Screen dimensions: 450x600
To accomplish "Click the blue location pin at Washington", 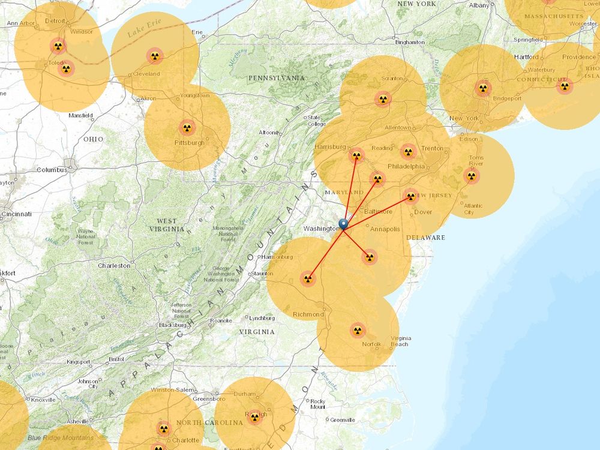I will [x=343, y=224].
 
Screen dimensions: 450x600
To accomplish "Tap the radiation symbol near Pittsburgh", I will [x=187, y=127].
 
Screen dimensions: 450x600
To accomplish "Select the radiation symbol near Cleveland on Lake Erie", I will [x=155, y=56].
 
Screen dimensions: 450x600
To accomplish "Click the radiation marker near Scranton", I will [x=383, y=98].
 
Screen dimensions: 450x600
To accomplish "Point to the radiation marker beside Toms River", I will [x=471, y=176].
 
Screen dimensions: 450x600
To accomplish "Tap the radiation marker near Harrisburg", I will [x=356, y=156].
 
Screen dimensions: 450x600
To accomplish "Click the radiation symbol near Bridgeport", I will [x=483, y=88].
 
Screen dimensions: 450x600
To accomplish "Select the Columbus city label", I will [x=52, y=170].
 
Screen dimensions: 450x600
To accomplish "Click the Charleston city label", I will [x=114, y=265].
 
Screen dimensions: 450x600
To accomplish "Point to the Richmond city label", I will [x=308, y=314].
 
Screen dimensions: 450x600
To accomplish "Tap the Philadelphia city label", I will [x=406, y=166].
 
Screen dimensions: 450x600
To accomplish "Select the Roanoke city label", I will [x=221, y=320].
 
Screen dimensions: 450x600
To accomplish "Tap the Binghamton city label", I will [x=410, y=43].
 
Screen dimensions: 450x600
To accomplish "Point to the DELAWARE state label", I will [x=425, y=238].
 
